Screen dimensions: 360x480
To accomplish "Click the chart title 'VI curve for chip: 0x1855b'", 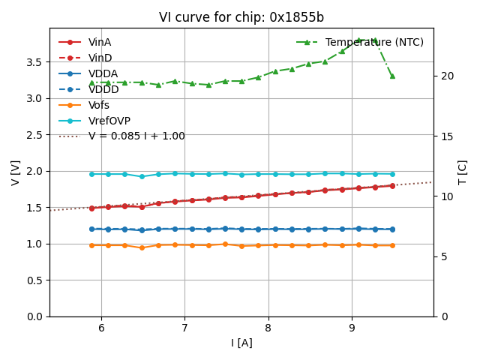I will click(x=241, y=18).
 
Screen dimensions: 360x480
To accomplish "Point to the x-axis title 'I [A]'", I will click(x=241, y=343).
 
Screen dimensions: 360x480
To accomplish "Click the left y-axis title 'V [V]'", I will click(x=15, y=172).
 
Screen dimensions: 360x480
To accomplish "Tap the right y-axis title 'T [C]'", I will click(x=463, y=172).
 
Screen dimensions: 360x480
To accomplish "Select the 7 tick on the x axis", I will click(x=184, y=327).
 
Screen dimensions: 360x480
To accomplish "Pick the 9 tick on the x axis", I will click(x=352, y=327).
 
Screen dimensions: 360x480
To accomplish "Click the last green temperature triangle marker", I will click(x=392, y=76).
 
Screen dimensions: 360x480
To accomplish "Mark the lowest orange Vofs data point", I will click(x=142, y=247).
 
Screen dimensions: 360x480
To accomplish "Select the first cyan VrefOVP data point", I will click(x=91, y=174).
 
